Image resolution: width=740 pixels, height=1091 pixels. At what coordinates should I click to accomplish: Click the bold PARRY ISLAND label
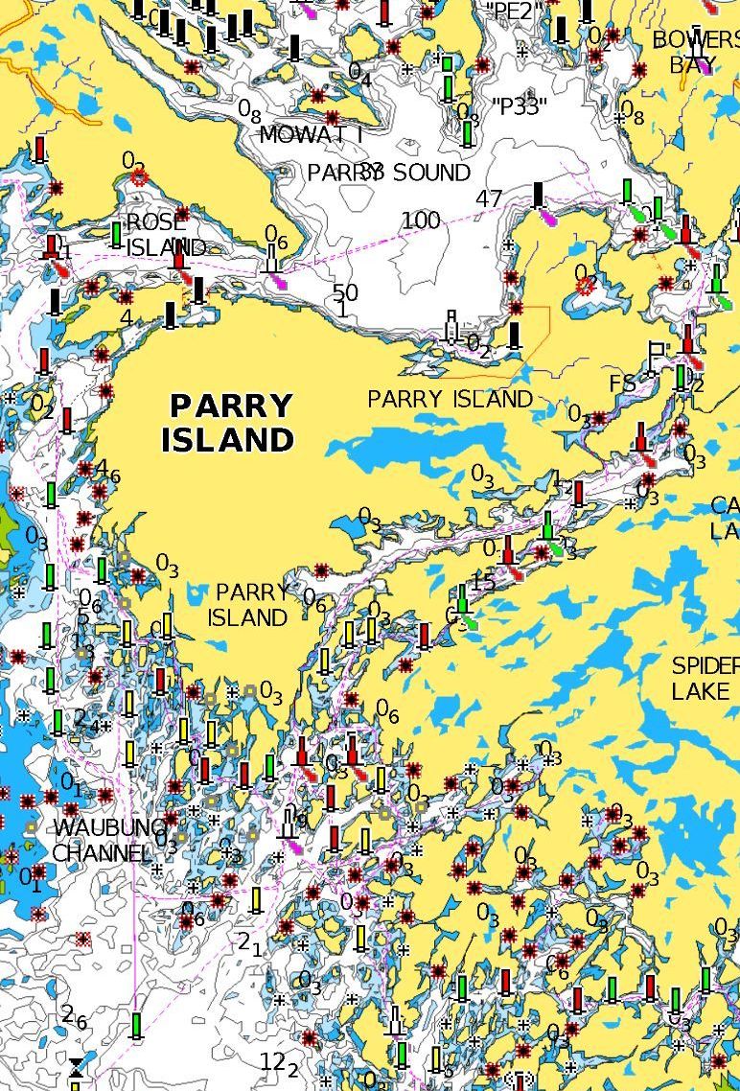(227, 423)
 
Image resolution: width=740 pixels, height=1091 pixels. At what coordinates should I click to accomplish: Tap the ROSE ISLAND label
(165, 235)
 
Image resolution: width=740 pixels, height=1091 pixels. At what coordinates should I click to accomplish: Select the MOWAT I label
(311, 135)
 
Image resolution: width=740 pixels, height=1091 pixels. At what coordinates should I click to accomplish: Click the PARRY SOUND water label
(388, 173)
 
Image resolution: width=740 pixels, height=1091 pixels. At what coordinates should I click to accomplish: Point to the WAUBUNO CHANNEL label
(104, 839)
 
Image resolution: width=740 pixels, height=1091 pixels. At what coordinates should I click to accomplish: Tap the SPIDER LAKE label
(705, 678)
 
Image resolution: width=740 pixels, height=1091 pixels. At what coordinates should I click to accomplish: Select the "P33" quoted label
(518, 106)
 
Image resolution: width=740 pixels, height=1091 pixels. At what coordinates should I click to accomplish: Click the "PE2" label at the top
(515, 11)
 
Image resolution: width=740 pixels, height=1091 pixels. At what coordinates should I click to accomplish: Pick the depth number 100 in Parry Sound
(421, 221)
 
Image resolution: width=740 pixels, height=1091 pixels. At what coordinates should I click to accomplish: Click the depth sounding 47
(489, 199)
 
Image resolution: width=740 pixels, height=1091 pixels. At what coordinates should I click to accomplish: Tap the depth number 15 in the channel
(483, 582)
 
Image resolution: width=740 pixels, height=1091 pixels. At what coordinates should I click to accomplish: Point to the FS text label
(622, 383)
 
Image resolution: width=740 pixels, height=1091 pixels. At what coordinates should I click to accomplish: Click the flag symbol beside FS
(657, 356)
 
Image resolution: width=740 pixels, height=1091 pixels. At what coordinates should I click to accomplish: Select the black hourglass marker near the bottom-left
(76, 1067)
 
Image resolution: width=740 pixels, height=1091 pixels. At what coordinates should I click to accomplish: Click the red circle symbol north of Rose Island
(139, 176)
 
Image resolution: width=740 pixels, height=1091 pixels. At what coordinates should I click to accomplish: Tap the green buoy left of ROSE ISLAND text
(117, 234)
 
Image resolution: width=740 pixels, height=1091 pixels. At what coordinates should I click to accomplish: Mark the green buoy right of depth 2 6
(136, 1025)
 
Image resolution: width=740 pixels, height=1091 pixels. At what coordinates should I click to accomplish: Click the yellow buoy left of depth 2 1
(256, 900)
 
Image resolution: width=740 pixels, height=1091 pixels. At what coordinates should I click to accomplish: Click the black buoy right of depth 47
(539, 196)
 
